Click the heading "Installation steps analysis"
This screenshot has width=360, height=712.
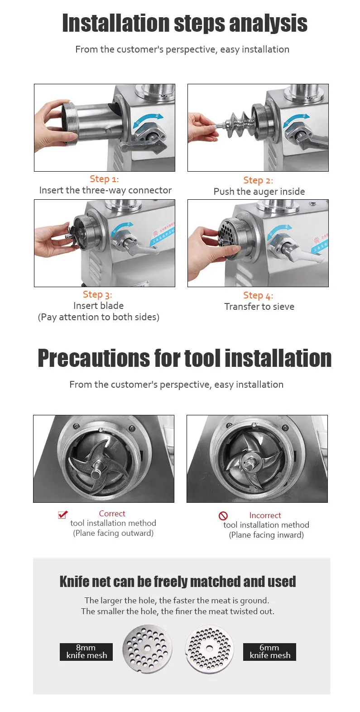[x=184, y=24]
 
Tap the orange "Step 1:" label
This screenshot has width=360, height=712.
[x=104, y=179]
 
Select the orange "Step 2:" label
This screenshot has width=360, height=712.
[x=258, y=180]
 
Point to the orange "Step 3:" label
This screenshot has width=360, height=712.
[x=97, y=294]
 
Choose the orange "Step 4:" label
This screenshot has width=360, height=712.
[x=258, y=296]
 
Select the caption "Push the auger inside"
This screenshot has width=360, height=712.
[x=259, y=192]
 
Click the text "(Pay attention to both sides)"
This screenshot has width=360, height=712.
[x=99, y=317]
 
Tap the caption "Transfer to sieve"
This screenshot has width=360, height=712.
[x=259, y=307]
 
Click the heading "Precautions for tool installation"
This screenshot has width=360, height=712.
[x=184, y=358]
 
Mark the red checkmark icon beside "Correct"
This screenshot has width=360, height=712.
[x=63, y=515]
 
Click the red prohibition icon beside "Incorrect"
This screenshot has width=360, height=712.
[x=223, y=516]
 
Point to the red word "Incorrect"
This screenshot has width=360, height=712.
[x=265, y=515]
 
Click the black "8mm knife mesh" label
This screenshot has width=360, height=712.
[x=86, y=652]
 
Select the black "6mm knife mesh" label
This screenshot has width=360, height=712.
[x=269, y=652]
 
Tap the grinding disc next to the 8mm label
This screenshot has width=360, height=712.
[x=148, y=649]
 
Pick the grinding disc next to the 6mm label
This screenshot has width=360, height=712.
[x=209, y=650]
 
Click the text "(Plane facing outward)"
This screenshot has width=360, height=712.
[x=113, y=533]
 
